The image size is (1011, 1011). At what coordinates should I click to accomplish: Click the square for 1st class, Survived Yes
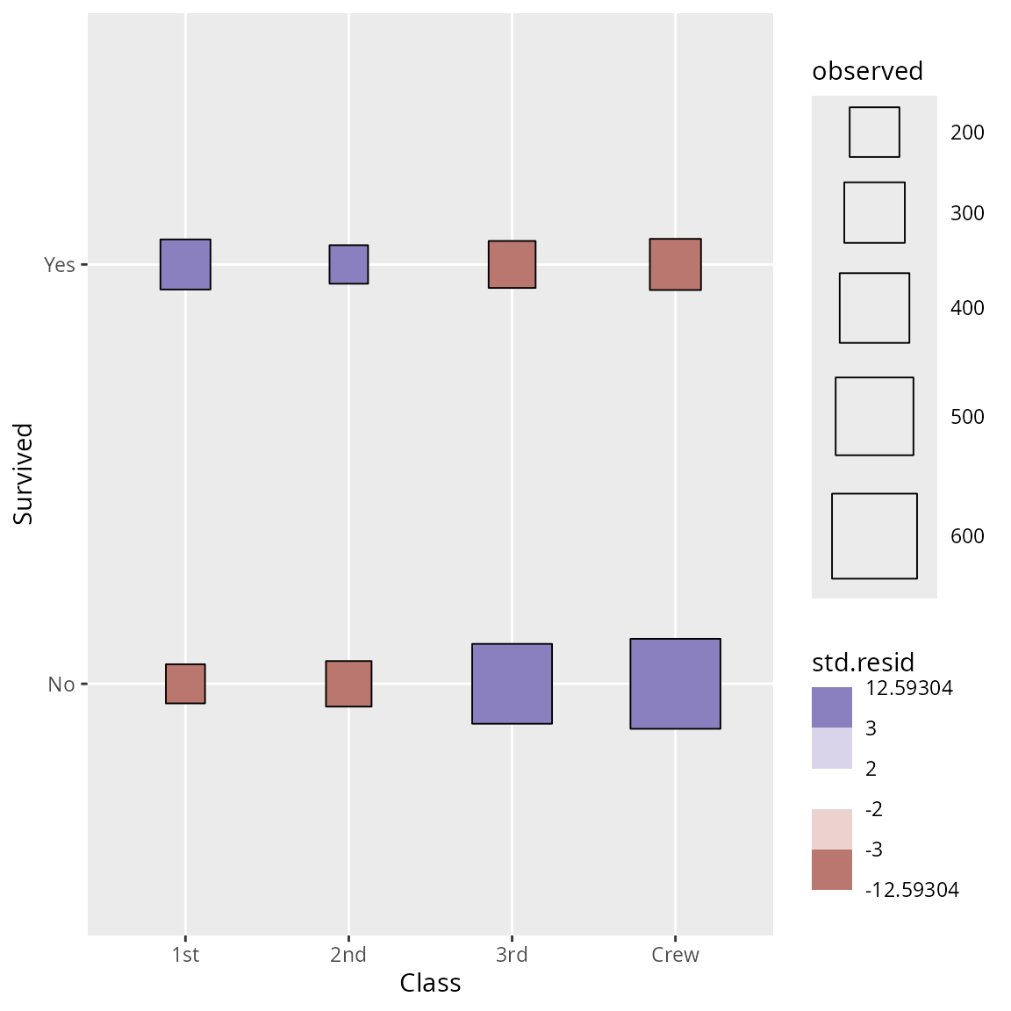click(x=185, y=264)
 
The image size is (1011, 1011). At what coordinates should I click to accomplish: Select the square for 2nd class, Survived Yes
click(x=348, y=264)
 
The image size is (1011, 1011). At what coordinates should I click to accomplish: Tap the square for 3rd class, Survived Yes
click(x=512, y=264)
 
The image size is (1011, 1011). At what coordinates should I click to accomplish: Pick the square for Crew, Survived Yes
click(x=675, y=264)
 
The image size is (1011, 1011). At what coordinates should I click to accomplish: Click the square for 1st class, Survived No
click(x=185, y=684)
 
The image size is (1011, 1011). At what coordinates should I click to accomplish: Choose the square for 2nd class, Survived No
click(x=348, y=684)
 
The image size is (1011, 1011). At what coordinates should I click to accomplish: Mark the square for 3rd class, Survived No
click(x=512, y=684)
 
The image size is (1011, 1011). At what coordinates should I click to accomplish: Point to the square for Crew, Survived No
click(x=675, y=684)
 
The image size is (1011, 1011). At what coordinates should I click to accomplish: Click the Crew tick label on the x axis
click(x=675, y=955)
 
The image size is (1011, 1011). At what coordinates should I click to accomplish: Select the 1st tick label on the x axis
click(x=185, y=955)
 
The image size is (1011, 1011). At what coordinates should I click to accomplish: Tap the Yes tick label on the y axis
click(x=60, y=264)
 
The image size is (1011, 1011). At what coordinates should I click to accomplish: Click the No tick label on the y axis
click(x=61, y=685)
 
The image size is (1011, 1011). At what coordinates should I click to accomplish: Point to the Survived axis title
click(x=24, y=474)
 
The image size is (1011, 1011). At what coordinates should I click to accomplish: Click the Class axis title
click(x=430, y=983)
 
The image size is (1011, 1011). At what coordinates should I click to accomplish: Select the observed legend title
click(x=867, y=71)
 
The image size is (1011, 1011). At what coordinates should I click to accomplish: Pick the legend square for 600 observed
click(x=874, y=536)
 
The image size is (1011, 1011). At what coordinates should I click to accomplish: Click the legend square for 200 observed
click(x=874, y=133)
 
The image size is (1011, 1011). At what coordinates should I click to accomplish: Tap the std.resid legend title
click(x=864, y=662)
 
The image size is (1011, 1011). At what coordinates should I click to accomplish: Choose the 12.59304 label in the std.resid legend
click(x=909, y=688)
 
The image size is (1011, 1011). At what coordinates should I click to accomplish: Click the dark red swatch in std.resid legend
click(x=832, y=870)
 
